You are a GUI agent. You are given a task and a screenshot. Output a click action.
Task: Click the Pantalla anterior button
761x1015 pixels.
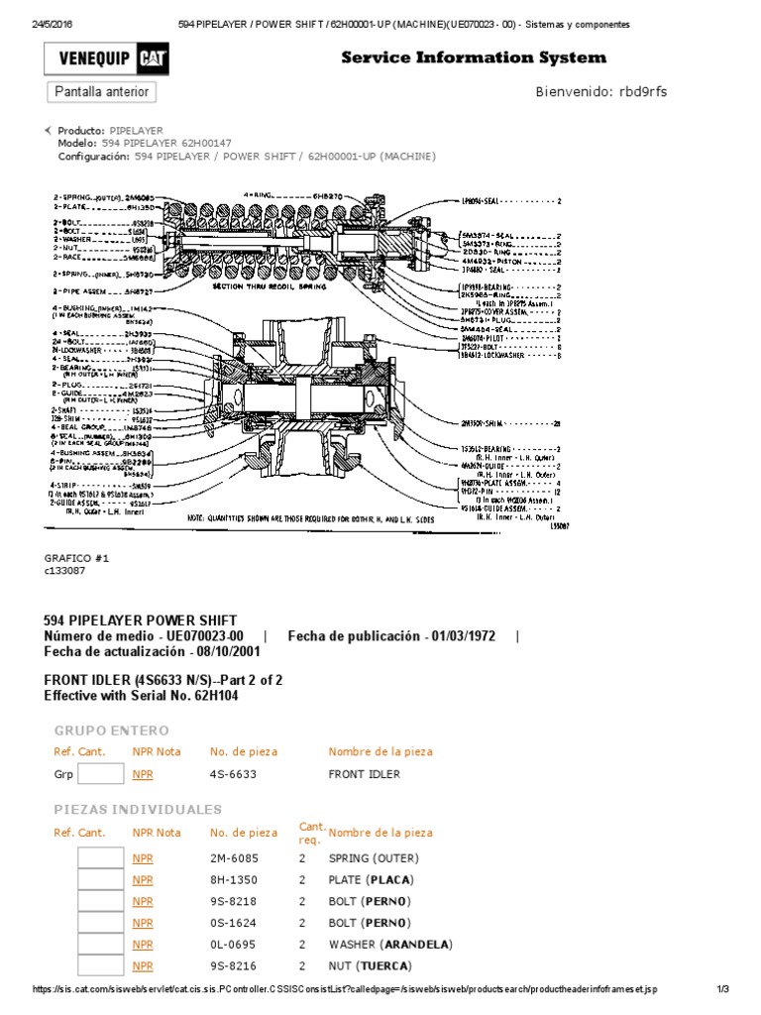click(x=101, y=92)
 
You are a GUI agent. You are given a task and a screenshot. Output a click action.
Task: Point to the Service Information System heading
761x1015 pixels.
click(x=474, y=57)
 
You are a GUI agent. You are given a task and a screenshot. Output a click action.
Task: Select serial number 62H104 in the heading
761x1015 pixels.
click(x=214, y=696)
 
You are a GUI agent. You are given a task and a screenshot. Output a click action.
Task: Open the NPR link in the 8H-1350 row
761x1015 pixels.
click(x=143, y=879)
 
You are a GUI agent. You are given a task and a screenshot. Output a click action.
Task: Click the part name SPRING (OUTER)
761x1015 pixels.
click(x=374, y=857)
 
